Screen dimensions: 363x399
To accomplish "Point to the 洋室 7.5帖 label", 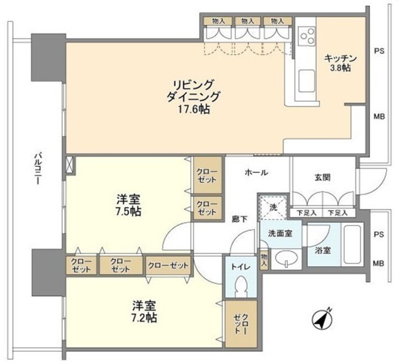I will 128,205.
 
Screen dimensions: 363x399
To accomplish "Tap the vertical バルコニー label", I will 38,169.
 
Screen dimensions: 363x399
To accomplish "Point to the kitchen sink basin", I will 306,81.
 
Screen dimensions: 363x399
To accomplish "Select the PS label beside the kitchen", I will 378,52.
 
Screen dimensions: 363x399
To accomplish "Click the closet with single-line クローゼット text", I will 168,266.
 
